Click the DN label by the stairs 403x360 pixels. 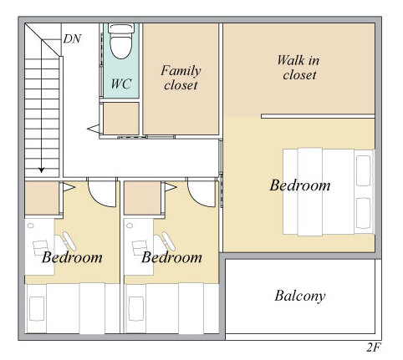point(72,39)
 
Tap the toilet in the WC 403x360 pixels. point(120,42)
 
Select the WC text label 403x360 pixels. point(121,84)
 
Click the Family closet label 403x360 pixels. point(181,78)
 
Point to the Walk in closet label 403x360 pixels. point(298,68)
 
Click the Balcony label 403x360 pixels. point(300,296)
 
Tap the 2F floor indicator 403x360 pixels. point(374,347)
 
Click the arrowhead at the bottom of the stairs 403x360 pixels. point(42,170)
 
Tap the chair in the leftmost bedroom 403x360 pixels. point(65,241)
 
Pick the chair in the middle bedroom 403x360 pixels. point(165,241)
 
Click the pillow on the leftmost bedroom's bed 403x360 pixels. point(37,309)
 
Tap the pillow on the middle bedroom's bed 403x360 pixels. point(136,309)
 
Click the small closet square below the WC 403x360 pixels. point(121,119)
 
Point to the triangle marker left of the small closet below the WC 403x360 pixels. point(94,129)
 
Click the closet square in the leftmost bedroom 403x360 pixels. point(42,198)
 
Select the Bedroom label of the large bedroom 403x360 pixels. point(300,185)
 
